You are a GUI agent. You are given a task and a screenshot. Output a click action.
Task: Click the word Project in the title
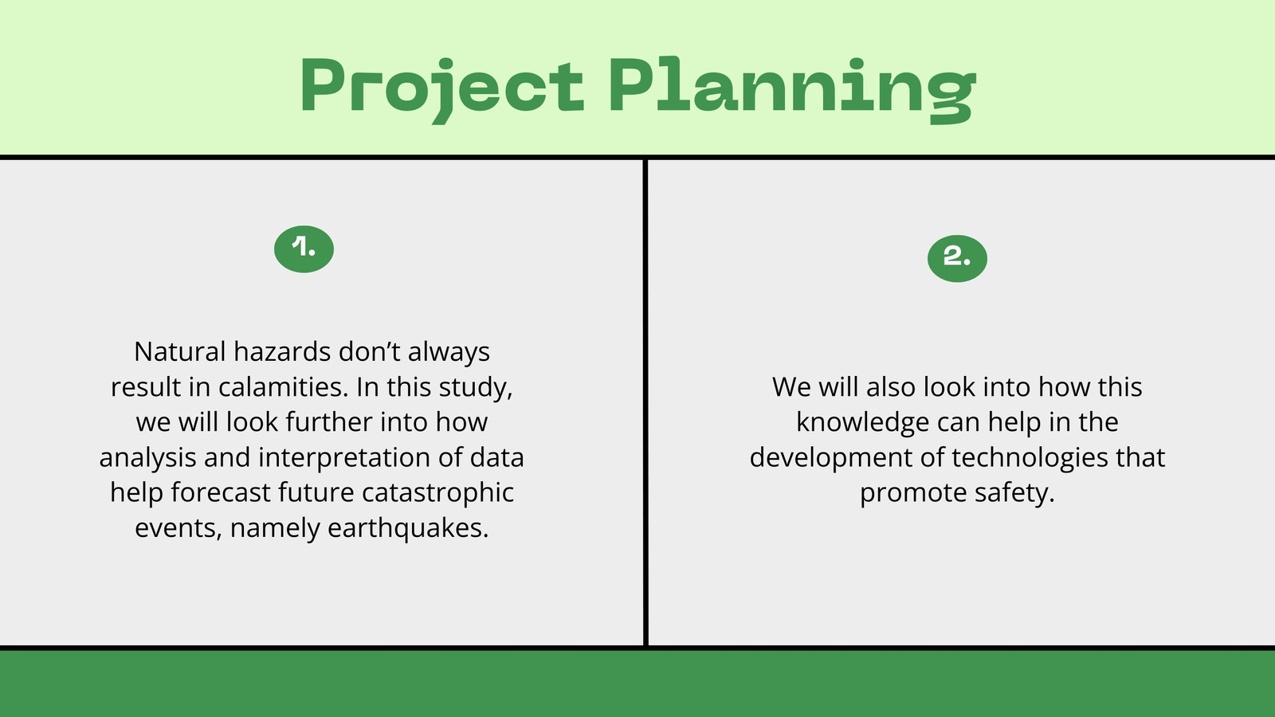click(x=441, y=88)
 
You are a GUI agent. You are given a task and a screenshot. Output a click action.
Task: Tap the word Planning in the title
click(x=792, y=88)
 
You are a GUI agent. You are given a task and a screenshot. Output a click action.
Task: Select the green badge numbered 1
click(x=304, y=249)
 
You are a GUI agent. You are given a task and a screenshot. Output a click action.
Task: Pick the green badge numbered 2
click(x=957, y=258)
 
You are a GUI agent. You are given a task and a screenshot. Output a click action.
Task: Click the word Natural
click(x=180, y=351)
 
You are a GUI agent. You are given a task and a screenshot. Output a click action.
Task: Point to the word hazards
click(x=282, y=351)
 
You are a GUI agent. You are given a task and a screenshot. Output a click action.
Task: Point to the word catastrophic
click(x=437, y=493)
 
